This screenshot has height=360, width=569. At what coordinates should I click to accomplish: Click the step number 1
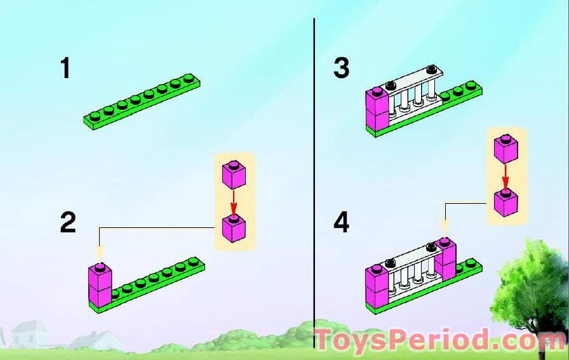[x=65, y=68]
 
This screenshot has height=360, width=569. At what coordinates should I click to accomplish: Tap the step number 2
[x=68, y=222]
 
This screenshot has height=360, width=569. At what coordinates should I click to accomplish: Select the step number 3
[x=342, y=68]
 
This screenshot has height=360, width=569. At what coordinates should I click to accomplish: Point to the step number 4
[x=342, y=222]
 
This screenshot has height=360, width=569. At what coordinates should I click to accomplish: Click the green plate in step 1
[x=145, y=102]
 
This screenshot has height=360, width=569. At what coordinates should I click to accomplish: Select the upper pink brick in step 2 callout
[x=234, y=175]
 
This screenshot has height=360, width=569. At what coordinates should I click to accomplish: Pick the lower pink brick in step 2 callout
[x=234, y=227]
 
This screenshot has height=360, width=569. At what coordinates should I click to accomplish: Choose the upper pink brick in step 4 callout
[x=506, y=148]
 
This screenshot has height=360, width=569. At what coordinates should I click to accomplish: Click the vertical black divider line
[x=314, y=178]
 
